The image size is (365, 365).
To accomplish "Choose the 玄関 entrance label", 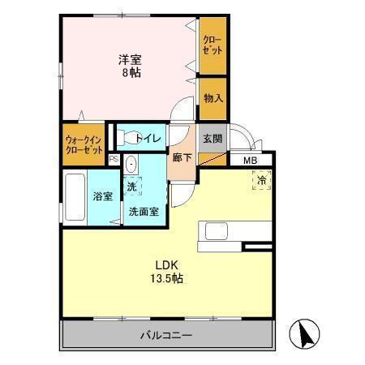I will pos(213,138).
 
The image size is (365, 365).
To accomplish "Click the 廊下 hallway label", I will pos(182,157).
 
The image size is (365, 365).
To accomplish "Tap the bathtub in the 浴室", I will pos(72,200).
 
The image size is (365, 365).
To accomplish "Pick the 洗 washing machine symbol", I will pos(131,187).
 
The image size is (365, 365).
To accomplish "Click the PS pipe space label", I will pos(114,159).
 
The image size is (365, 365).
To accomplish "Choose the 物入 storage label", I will pos(213,98).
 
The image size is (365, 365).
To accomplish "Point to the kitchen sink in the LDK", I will pos(219,230).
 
